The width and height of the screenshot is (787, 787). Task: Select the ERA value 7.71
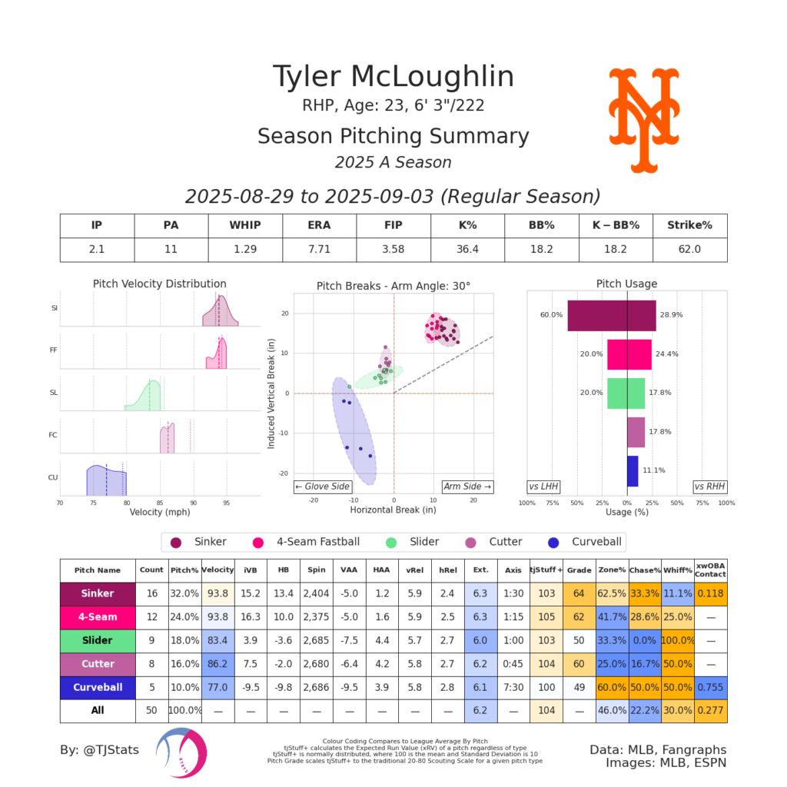[319, 249]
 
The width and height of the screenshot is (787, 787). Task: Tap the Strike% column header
[689, 226]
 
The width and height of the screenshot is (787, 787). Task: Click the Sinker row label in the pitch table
[98, 593]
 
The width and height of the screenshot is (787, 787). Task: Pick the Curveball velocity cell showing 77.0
[218, 687]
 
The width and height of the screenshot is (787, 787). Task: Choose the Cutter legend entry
[498, 542]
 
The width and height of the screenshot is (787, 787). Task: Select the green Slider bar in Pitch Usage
[626, 393]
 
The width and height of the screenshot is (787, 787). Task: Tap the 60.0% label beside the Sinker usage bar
[551, 315]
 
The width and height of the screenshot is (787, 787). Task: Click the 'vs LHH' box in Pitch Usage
[543, 486]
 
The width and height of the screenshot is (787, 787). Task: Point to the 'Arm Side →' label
[467, 486]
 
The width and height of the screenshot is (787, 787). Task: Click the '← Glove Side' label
[323, 486]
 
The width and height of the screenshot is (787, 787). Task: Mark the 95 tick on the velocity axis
[226, 503]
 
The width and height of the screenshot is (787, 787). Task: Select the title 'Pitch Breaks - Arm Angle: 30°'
[393, 285]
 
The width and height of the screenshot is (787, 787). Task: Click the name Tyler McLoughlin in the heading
[393, 77]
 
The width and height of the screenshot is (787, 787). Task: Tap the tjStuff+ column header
[546, 570]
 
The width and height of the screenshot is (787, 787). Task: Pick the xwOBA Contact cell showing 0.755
[710, 687]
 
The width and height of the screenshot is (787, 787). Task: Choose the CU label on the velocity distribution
[54, 477]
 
